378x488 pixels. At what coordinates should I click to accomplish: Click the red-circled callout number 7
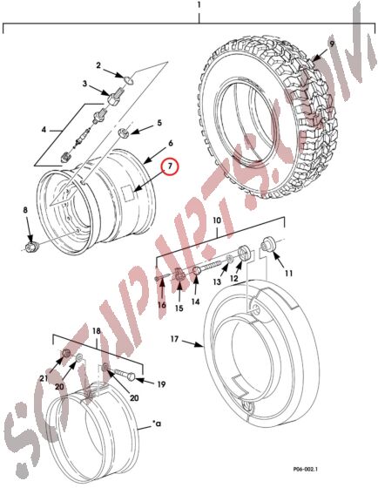(170, 166)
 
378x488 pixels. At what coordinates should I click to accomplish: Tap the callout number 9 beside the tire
(331, 43)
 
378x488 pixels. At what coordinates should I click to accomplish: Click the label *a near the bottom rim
(157, 424)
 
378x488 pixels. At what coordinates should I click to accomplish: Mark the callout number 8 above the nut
(25, 211)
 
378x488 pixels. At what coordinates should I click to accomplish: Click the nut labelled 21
(66, 353)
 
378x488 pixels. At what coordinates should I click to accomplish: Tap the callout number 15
(178, 308)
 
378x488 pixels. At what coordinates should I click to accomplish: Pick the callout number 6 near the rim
(172, 144)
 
